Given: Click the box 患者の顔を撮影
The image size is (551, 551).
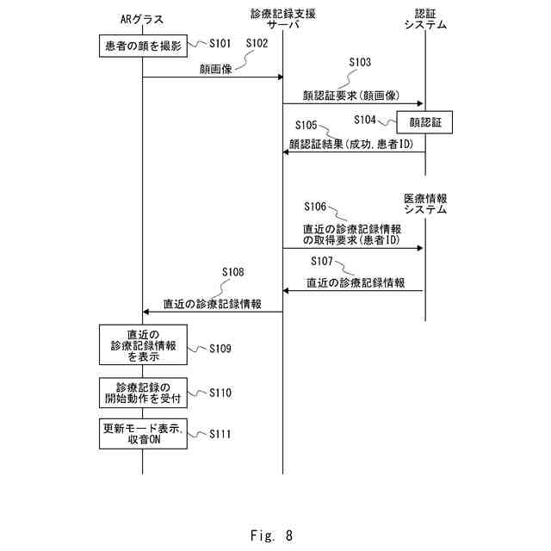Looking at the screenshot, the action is coord(143,46).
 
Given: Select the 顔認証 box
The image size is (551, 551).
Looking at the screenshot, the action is coord(424,122).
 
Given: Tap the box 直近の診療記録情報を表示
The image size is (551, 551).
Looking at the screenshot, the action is coord(143,344).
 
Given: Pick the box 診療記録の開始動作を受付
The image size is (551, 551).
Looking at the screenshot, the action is coord(143,393).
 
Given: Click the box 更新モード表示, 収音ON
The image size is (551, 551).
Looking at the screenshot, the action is coord(143,434).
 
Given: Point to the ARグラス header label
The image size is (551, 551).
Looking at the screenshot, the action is coord(142,19).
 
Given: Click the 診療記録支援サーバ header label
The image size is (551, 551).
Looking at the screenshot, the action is coord(283,19).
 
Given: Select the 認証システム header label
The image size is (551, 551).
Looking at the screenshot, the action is coord(425,19).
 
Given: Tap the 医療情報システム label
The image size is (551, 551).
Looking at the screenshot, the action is coord(425,204).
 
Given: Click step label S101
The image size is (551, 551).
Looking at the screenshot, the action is coord(220,44).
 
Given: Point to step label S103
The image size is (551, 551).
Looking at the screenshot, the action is coord(360,62).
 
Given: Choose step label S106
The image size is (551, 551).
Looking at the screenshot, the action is coord(315,207).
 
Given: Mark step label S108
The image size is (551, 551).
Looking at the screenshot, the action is coord(233,272).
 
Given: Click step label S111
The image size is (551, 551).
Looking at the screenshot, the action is coord(220,434).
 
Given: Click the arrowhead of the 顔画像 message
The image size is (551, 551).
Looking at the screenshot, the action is coord(281,77).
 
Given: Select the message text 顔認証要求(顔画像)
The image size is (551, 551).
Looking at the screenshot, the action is coord(351,96).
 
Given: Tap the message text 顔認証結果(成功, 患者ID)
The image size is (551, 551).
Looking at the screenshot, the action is coord(351,144).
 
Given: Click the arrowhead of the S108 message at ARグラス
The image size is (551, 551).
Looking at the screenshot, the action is coord(145,312).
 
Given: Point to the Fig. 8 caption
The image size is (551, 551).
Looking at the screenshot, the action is coord(271,536).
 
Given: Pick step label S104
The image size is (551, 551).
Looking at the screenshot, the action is coord(365,121).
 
